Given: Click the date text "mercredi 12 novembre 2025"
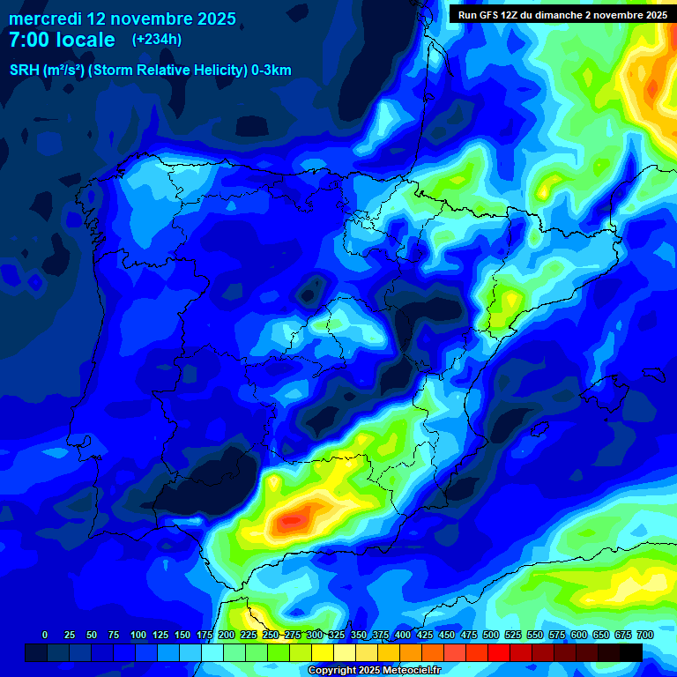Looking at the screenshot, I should (x=123, y=19).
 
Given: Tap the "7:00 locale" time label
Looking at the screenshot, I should (x=62, y=40).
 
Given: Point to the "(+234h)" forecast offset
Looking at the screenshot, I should (x=157, y=40).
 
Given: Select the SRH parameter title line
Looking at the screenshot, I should (x=150, y=71).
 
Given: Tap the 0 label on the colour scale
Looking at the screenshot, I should (x=45, y=635).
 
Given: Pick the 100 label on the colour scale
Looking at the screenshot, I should (x=138, y=635).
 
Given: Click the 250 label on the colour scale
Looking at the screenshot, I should (x=270, y=635).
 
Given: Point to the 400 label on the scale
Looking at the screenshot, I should (x=402, y=635).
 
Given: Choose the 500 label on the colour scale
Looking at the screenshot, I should (x=490, y=635).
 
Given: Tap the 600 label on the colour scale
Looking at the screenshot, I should (x=578, y=635).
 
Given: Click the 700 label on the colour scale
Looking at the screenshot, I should (x=644, y=635).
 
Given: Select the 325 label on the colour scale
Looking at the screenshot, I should (x=336, y=635).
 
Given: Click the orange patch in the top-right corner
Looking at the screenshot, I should (x=657, y=84).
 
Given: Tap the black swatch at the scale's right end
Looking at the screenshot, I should (x=630, y=652).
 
